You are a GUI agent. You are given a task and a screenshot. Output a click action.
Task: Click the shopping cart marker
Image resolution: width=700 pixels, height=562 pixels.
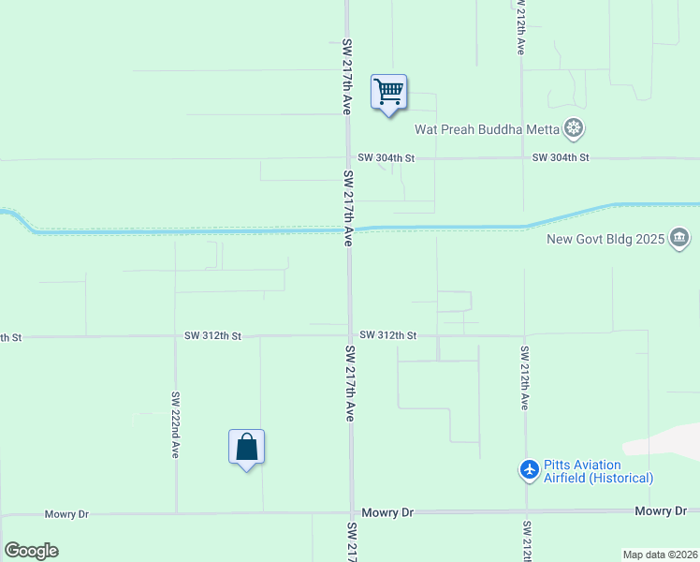pos(388,93)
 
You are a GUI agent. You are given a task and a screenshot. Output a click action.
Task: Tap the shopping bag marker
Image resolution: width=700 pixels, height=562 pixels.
pos(246,447)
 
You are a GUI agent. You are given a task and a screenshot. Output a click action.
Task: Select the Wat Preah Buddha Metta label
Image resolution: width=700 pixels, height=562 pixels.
pos(487,129)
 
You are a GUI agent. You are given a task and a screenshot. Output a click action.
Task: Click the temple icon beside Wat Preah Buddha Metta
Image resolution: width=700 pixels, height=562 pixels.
pos(574,128)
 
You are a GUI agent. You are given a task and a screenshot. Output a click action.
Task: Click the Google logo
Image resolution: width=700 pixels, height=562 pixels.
pos(31,550)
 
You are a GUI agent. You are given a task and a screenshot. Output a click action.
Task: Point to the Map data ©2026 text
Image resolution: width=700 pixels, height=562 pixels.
pos(660,555)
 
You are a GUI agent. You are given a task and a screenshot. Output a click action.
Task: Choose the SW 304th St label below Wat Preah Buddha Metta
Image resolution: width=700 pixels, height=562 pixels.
pos(561,157)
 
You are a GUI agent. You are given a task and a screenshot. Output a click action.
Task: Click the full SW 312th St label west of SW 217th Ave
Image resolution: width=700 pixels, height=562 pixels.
pos(212,335)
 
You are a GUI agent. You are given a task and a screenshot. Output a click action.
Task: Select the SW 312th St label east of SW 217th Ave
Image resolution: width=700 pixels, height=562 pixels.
pos(387,335)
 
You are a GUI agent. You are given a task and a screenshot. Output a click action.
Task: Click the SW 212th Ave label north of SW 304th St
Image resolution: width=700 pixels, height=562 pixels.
pos(520,27)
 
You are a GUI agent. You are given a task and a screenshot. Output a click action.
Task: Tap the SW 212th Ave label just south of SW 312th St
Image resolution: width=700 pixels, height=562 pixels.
pos(525,377)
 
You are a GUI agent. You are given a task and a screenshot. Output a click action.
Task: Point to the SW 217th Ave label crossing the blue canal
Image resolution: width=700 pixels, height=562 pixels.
pos(349,208)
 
